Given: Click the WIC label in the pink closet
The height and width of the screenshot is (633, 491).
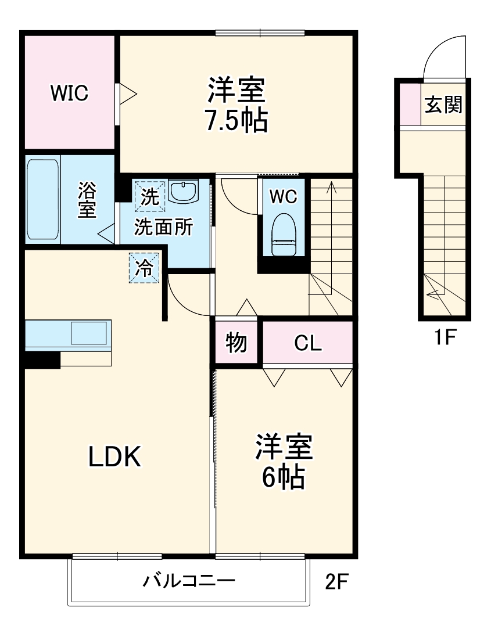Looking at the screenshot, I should click(69, 92).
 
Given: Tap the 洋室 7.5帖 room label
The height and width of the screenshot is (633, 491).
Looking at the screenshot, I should click(236, 105).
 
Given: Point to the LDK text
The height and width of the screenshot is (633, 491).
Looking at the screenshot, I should click(114, 457).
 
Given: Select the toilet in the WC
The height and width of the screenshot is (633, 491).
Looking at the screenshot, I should click(284, 234).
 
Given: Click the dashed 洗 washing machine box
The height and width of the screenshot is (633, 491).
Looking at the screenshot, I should click(150, 196).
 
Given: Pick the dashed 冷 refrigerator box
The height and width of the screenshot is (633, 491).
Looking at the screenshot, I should click(144, 268).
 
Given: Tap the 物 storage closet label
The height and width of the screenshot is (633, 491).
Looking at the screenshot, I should click(236, 343).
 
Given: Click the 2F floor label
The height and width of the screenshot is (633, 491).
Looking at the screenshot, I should click(339, 581).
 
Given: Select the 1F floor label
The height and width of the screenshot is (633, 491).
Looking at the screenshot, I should click(444, 337).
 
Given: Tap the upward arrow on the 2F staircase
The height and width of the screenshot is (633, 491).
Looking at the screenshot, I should click(331, 189).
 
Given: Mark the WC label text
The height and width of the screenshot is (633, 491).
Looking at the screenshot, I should click(283, 197).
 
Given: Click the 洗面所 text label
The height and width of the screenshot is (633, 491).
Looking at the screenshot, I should click(163, 228).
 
